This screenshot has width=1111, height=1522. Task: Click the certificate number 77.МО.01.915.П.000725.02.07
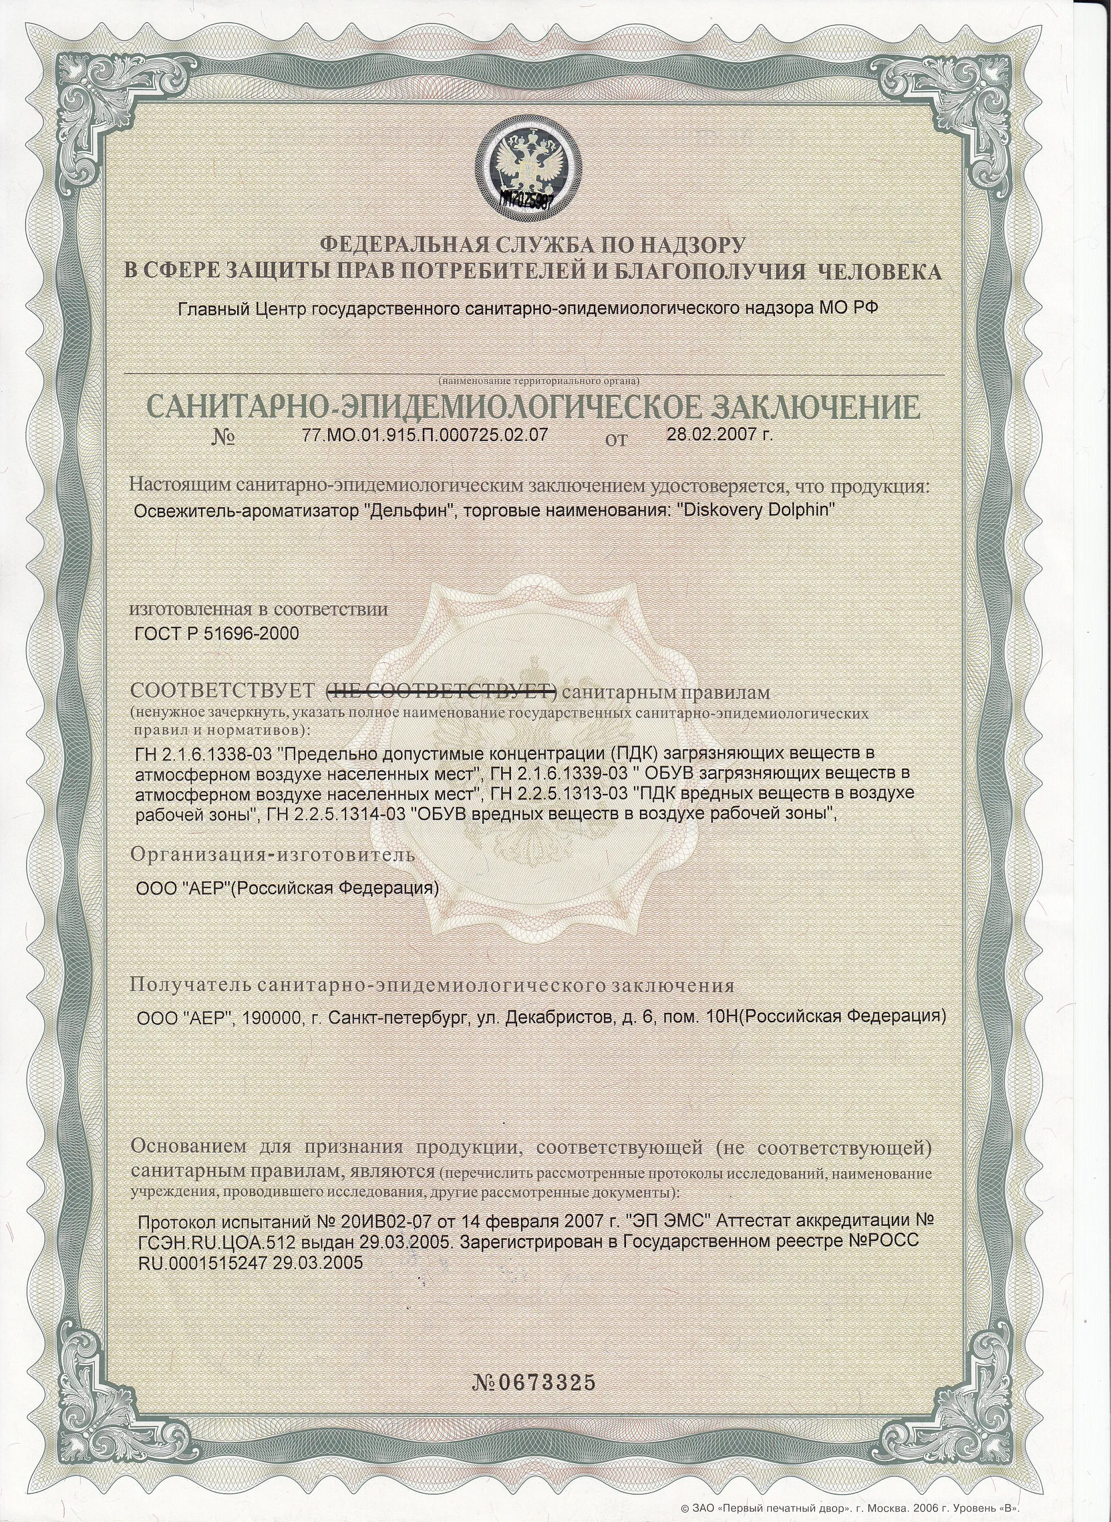[426, 434]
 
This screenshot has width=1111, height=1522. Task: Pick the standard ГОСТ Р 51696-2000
[217, 634]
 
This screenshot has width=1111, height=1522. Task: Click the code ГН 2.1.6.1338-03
[196, 752]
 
